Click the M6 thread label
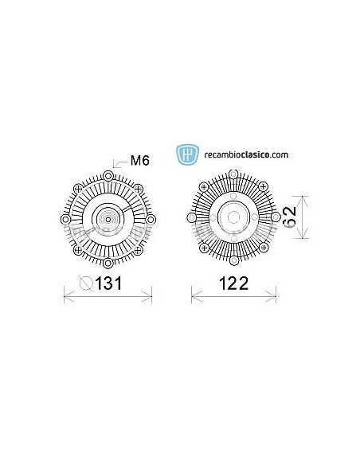pos(140,161)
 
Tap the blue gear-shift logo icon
pos(188,153)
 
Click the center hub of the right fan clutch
pos(233,217)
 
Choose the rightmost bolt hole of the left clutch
pos(151,217)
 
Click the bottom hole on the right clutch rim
pos(233,260)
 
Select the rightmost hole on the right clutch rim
pos(276,217)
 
